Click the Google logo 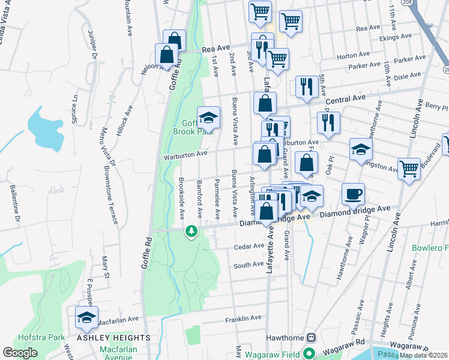click(20, 353)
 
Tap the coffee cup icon click(353, 194)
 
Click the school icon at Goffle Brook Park click(208, 116)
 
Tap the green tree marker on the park click(191, 231)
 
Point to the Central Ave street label click(345, 98)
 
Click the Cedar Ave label click(249, 246)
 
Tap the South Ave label click(249, 265)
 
